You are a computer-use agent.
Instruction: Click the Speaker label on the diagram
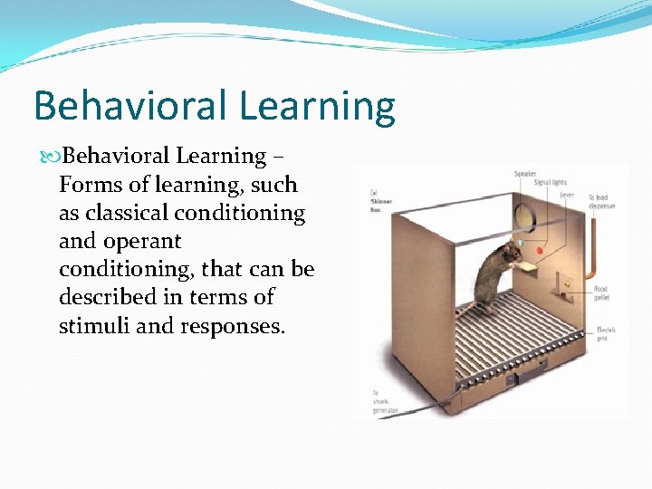(525, 174)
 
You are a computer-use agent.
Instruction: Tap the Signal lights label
(549, 182)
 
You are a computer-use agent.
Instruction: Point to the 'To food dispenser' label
(601, 201)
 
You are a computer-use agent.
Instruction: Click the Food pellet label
(600, 293)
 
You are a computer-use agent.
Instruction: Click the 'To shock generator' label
(384, 402)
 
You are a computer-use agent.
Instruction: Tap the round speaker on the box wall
(523, 216)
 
